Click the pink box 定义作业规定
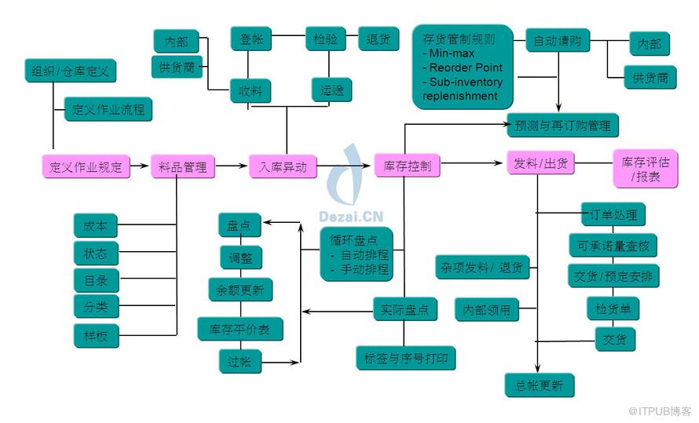coord(86,167)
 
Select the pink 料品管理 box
coord(182,167)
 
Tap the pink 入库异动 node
coord(283,166)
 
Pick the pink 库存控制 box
coord(407,166)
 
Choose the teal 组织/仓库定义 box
coord(70,71)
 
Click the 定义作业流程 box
coord(108,109)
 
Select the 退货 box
coord(379,39)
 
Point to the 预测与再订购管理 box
coord(562,124)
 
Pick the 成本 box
coord(95,226)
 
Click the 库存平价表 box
coord(240,330)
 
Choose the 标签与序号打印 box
coord(405,358)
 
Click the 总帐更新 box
coord(539,385)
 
